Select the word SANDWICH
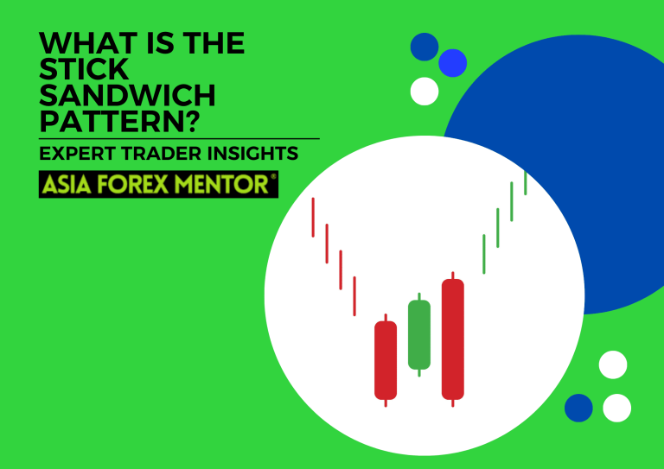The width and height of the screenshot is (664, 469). pyautogui.click(x=128, y=94)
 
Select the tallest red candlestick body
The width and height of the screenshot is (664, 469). pyautogui.click(x=452, y=339)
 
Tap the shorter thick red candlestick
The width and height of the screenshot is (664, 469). pyautogui.click(x=386, y=360)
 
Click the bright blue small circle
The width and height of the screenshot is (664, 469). pyautogui.click(x=452, y=63)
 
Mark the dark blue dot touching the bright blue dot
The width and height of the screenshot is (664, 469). pyautogui.click(x=424, y=47)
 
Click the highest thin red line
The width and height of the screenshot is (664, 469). pyautogui.click(x=313, y=217)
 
